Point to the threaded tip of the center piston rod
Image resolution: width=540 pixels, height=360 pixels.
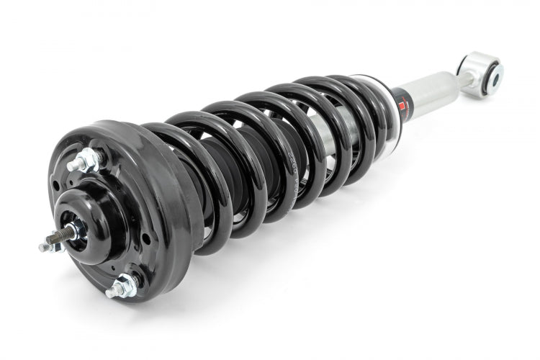coord(45,246)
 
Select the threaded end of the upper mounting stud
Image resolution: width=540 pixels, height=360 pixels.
coord(71,166)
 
